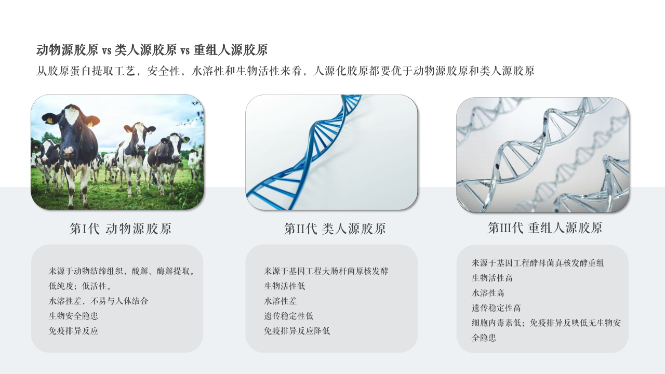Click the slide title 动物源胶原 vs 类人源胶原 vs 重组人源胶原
pyautogui.click(x=152, y=50)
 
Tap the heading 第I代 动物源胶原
pyautogui.click(x=121, y=229)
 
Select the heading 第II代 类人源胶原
pyautogui.click(x=335, y=229)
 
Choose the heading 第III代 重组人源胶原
pyautogui.click(x=544, y=228)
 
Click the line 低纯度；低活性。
pyautogui.click(x=81, y=286)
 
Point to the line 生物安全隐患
pyautogui.click(x=73, y=316)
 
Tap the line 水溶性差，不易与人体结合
pyautogui.click(x=99, y=301)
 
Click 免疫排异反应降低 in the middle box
pyautogui.click(x=297, y=331)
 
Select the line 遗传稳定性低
pyautogui.click(x=288, y=316)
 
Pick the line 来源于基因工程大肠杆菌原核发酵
pyautogui.click(x=326, y=271)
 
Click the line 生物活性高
pyautogui.click(x=492, y=278)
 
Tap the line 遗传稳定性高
pyautogui.click(x=496, y=308)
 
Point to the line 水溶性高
pyautogui.click(x=488, y=293)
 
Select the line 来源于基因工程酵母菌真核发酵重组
pyautogui.click(x=538, y=263)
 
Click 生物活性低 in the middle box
pyautogui.click(x=284, y=286)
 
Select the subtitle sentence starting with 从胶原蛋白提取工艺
pyautogui.click(x=285, y=71)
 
